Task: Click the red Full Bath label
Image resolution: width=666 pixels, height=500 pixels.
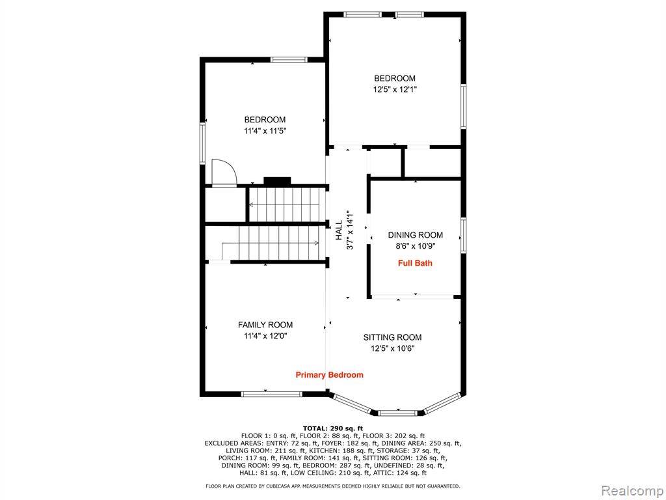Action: [x=415, y=263]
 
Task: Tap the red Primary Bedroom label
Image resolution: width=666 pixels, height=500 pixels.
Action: [x=330, y=374]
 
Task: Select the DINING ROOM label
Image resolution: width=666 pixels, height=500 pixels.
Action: [x=416, y=234]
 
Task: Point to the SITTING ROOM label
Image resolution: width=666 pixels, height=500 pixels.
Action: [x=392, y=337]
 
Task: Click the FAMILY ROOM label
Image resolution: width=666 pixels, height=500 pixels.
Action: [x=265, y=325]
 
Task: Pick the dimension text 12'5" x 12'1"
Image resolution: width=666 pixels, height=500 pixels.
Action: [x=395, y=90]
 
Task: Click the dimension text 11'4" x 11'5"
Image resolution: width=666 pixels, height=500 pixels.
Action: [x=265, y=131]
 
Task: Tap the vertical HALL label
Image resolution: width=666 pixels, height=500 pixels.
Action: [x=339, y=230]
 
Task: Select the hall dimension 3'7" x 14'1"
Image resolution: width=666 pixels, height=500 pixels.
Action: [x=350, y=230]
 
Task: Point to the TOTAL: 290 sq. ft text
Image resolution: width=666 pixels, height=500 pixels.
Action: [x=333, y=428]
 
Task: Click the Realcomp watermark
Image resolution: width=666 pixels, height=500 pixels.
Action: [x=632, y=490]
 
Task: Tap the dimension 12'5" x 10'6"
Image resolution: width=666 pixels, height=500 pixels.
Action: [x=392, y=349]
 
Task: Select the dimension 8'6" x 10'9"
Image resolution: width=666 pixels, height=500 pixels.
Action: [x=416, y=245]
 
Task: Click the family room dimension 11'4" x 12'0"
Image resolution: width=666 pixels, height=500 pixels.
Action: [x=265, y=336]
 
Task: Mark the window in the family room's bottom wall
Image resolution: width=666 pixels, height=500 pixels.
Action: [x=271, y=394]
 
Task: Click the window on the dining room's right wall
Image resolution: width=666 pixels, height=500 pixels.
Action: [x=463, y=236]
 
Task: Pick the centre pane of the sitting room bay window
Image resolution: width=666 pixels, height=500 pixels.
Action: [x=398, y=413]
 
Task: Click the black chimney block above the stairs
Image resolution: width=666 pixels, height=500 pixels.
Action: [x=277, y=181]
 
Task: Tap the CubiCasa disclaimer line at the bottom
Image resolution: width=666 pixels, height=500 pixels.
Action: [x=332, y=486]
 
